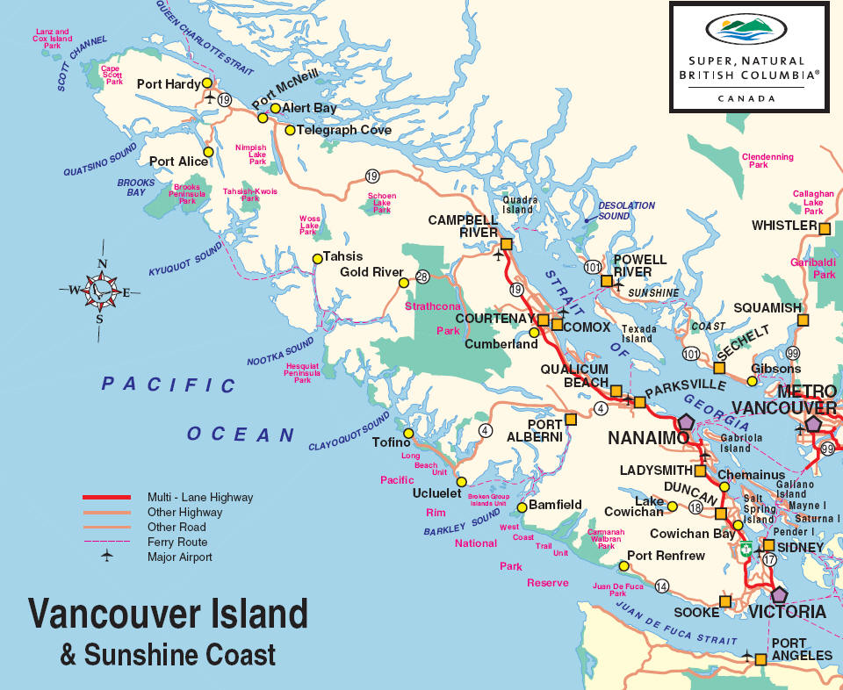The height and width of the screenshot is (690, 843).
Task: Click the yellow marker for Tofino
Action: pos(407,434)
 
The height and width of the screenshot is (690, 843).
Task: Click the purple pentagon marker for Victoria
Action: pos(778,594)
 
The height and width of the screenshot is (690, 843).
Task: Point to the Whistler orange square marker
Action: pos(825,228)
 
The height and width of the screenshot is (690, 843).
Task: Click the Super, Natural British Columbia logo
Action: pos(748,57)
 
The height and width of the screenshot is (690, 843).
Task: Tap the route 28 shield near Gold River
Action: pos(422,277)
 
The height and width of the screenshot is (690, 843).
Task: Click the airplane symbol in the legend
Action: pos(106,557)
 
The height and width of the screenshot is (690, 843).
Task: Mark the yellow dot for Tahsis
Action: pos(317,258)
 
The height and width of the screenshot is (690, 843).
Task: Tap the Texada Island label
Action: pos(638,334)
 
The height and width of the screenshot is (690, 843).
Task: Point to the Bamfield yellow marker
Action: pos(522,507)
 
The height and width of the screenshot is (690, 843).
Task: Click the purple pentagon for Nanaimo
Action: pos(684,422)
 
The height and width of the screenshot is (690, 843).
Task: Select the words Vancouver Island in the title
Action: pos(169,614)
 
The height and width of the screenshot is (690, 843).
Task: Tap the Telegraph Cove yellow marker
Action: pos(290,130)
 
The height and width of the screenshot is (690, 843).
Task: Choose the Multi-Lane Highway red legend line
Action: pos(106,497)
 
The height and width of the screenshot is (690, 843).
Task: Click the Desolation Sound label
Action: pos(626,211)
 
